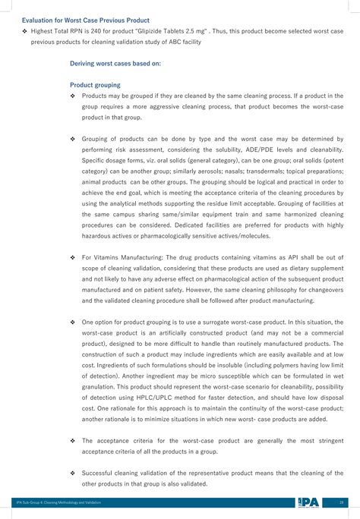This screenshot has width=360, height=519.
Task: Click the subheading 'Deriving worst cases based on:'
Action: pos(115,64)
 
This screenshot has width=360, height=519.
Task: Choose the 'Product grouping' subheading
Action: pos(95,85)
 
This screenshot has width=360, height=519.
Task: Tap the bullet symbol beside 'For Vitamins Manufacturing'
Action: pos(72,258)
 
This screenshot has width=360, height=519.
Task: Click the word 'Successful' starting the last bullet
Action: pos(100,472)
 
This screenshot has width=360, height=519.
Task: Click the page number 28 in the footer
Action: pos(342,502)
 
